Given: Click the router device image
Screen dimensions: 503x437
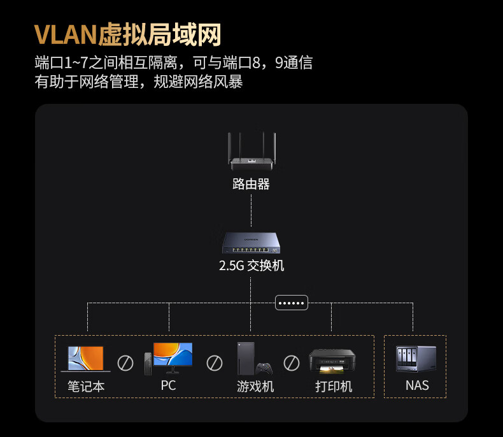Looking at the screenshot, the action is coord(251,152).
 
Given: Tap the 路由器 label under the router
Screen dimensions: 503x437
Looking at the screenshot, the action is coord(251,184).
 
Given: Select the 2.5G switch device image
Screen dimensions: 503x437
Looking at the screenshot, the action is coord(251,243).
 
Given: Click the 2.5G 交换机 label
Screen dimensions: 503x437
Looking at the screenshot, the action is coord(251,266).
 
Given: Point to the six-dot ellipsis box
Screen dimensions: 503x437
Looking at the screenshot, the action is coord(292,303).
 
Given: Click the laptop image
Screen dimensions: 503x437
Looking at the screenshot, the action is coord(86,359).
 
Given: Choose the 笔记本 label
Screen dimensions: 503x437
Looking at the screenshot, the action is coord(86,386).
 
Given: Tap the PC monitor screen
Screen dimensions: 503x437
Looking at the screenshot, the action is coord(173,354).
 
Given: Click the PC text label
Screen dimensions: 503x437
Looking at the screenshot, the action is coord(169,385).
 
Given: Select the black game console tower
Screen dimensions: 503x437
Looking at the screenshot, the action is coord(246,359).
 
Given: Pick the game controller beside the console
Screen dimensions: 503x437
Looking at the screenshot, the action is coord(264,369).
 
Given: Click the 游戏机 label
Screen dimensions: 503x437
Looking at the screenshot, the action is coord(255,386).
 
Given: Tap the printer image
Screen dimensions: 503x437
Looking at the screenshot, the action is coord(332,361).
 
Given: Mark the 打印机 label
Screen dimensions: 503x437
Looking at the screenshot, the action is coord(334,386).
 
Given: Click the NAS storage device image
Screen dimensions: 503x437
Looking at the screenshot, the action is coord(416,359).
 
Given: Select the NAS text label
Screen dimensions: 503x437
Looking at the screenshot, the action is coord(417,385).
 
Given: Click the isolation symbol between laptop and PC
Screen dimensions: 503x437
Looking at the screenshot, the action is coord(125,363).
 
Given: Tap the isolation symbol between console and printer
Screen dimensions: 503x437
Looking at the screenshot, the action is coord(292,363).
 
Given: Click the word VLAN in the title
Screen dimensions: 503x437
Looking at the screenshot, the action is coord(66,34).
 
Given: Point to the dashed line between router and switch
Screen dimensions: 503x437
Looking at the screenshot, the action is coord(251,211).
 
